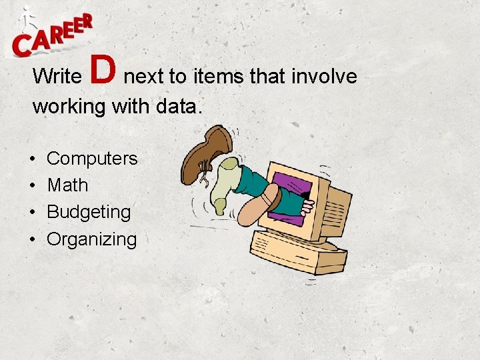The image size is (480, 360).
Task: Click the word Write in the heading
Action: coord(56,77)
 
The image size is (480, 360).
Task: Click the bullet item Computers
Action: coord(92,159)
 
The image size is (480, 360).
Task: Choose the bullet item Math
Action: coord(67,185)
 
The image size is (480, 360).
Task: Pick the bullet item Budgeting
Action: coord(89,213)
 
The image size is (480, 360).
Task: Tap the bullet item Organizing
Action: coord(91,239)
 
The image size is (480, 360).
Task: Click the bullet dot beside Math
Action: coord(33,186)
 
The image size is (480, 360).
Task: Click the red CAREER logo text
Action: coord(53,37)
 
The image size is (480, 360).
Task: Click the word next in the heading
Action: coord(144,77)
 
